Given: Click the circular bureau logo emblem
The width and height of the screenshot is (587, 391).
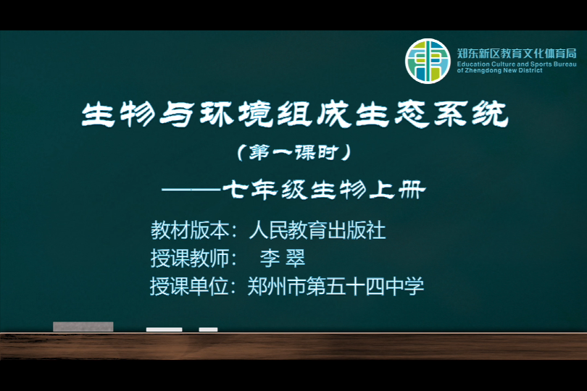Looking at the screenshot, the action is (x=428, y=61).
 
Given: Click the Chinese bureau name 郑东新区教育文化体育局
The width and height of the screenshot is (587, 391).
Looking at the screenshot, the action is (x=517, y=54).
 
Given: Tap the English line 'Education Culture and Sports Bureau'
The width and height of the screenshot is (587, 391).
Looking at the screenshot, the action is (x=517, y=64).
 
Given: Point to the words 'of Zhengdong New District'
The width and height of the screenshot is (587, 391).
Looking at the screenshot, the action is (x=499, y=70).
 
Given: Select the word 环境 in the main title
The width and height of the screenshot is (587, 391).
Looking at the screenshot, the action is (x=236, y=114).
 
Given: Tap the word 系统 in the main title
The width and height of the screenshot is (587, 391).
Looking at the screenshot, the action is (x=471, y=114).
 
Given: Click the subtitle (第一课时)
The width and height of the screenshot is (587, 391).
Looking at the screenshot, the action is (x=294, y=152).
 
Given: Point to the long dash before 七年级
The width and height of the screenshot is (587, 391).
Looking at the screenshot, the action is (x=191, y=190).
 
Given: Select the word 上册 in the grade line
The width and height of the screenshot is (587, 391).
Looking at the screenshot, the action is (x=397, y=190).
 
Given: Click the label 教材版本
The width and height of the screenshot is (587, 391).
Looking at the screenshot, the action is (x=190, y=230).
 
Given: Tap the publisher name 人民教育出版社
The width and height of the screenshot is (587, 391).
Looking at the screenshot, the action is (x=317, y=230).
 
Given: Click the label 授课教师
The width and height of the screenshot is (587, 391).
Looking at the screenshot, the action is (x=190, y=258).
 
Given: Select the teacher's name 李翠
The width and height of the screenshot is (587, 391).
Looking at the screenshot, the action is (x=283, y=258).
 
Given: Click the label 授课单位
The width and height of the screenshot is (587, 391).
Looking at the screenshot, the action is (x=190, y=287).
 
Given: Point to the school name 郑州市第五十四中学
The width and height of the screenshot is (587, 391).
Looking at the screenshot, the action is (x=336, y=287).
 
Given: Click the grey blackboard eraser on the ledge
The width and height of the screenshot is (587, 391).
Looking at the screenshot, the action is (x=83, y=327).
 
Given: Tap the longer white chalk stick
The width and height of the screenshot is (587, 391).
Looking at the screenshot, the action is (x=164, y=329).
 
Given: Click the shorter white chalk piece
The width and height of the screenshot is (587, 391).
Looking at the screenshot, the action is (x=208, y=329).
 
